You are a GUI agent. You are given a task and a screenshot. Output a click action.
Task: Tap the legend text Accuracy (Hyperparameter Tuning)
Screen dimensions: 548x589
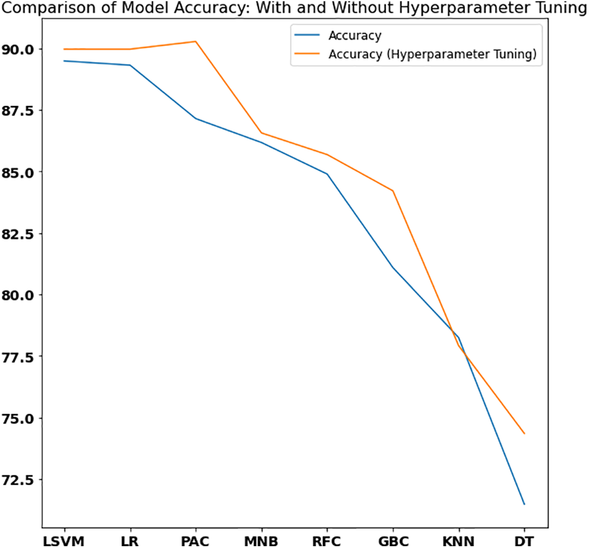click(x=432, y=54)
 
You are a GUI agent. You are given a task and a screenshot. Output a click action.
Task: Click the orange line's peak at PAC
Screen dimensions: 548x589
click(x=195, y=41)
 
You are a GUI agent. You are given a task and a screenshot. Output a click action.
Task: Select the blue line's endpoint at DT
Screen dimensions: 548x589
click(x=524, y=504)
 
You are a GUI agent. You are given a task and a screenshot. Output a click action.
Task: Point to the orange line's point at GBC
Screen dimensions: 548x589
click(x=392, y=191)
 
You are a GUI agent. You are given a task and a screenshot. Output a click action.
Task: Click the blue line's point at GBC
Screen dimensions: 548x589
click(x=392, y=267)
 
